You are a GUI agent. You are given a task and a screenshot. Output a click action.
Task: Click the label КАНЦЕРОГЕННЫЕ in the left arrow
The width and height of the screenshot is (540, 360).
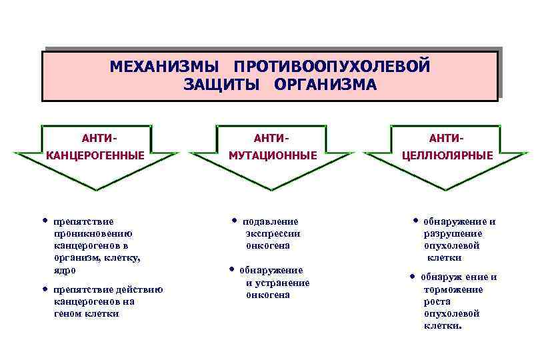click(95, 155)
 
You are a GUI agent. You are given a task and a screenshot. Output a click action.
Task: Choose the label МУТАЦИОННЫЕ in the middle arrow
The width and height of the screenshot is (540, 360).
click(273, 155)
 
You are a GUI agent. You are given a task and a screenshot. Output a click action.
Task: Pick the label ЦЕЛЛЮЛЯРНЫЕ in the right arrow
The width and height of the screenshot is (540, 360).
click(447, 155)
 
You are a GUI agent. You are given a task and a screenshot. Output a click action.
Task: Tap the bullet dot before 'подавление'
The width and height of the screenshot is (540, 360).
click(235, 220)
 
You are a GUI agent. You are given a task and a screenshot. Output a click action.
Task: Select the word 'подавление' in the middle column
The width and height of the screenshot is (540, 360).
click(270, 221)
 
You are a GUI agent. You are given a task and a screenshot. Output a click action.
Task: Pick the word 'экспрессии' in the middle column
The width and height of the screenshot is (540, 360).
click(273, 233)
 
